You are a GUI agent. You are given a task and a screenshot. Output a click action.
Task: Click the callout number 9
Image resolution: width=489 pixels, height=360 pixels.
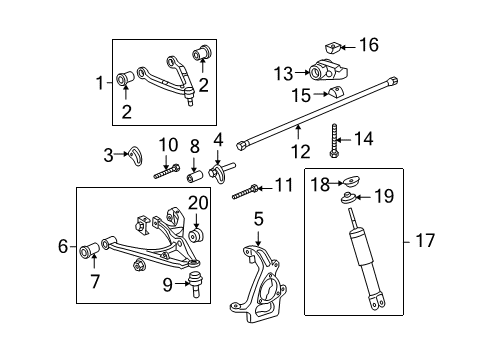[169, 283]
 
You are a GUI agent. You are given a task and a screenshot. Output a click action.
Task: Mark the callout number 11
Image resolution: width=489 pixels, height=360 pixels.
[283, 186]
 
